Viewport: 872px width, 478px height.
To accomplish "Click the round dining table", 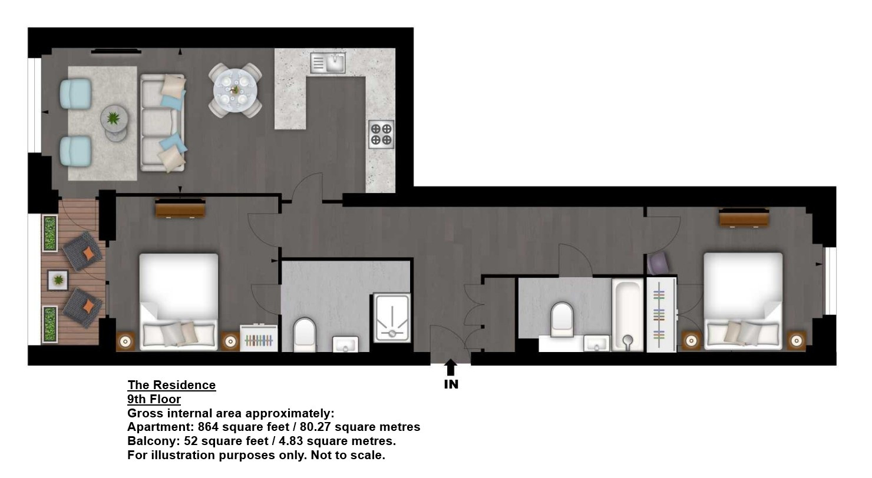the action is [235, 90].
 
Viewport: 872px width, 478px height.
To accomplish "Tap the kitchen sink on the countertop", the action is [328, 62].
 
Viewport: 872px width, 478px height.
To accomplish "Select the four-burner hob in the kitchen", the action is [381, 134].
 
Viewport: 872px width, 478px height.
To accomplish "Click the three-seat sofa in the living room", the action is [163, 123].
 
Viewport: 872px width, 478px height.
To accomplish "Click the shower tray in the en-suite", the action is [392, 318].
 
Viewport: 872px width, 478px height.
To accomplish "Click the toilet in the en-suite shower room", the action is [304, 335].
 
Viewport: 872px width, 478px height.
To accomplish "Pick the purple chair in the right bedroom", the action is [658, 263].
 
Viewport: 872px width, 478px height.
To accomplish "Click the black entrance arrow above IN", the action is [450, 367].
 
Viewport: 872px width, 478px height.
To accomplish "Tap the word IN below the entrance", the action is [451, 384].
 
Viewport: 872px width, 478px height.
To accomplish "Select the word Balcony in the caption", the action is [154, 442].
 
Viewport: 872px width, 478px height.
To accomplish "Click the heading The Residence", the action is [171, 385].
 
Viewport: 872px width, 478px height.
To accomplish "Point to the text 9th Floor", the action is [154, 399].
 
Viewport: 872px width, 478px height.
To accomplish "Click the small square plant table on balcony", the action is [58, 280].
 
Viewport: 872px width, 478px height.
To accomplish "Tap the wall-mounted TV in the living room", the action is [117, 51].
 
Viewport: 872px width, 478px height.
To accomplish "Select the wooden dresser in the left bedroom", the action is [180, 208].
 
